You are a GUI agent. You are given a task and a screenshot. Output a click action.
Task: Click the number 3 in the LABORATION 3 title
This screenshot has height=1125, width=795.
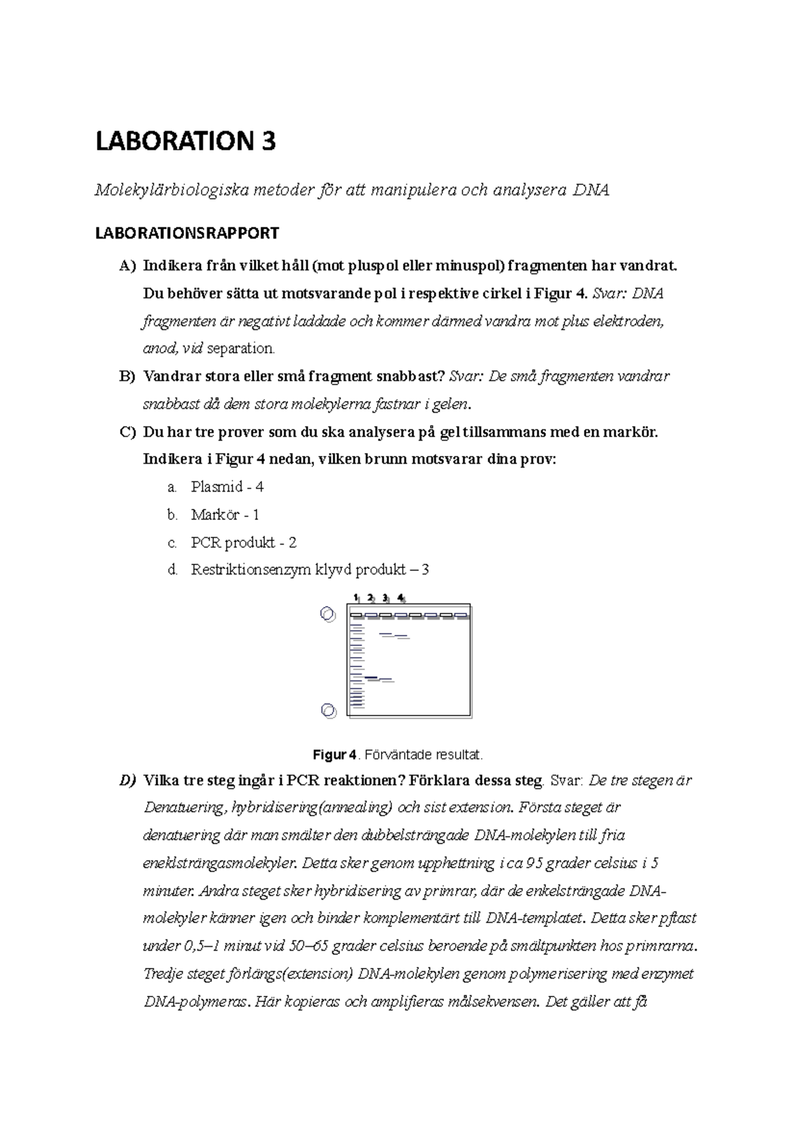pyautogui.click(x=267, y=142)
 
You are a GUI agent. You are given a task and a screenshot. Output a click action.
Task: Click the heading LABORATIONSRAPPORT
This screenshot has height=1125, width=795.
pyautogui.click(x=187, y=233)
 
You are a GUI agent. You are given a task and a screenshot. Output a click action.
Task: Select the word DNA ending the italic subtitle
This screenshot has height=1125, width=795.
pyautogui.click(x=591, y=191)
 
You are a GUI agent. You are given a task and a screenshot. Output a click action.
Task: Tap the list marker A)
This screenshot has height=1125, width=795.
pyautogui.click(x=127, y=266)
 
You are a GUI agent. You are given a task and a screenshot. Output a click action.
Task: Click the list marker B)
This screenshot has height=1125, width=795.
pyautogui.click(x=127, y=377)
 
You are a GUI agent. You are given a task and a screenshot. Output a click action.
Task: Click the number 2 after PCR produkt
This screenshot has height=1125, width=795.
pyautogui.click(x=292, y=543)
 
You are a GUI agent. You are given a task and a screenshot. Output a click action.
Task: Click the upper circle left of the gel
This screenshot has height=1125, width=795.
pyautogui.click(x=327, y=614)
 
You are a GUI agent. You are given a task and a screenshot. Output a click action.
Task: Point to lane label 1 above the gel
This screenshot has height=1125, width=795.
pyautogui.click(x=356, y=598)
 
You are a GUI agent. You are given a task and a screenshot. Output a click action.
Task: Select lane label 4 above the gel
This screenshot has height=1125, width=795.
pyautogui.click(x=400, y=598)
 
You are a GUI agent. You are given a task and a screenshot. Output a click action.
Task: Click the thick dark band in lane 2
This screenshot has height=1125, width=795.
pyautogui.click(x=371, y=677)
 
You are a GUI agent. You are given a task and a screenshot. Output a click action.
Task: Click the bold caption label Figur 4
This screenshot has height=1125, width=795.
pyautogui.click(x=335, y=755)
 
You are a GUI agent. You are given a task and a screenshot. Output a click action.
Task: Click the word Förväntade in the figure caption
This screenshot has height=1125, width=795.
pyautogui.click(x=394, y=755)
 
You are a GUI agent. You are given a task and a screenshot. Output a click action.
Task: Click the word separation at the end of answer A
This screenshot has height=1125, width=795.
pyautogui.click(x=240, y=348)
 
